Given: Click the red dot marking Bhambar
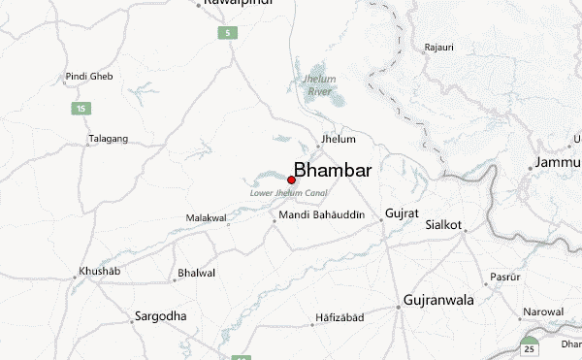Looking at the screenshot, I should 292,180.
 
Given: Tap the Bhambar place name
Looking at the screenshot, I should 332,170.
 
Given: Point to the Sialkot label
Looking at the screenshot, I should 443,224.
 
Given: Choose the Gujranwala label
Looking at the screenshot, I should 438,300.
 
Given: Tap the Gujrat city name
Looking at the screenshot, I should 403,213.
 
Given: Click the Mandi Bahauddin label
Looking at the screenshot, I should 321,214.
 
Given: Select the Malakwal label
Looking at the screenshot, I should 206,218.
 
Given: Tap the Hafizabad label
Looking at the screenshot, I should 339,318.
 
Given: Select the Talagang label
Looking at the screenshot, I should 108,139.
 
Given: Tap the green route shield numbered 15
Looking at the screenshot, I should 81,107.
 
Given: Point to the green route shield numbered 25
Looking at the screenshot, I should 530,346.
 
